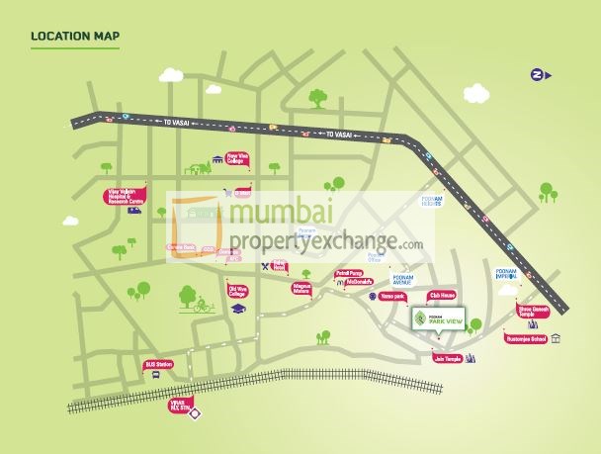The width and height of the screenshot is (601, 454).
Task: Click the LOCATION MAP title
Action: (75, 38)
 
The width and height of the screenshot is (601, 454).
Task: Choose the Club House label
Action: (440, 296)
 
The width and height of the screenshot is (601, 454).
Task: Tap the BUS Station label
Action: (158, 364)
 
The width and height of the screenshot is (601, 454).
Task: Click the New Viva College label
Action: (244, 157)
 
